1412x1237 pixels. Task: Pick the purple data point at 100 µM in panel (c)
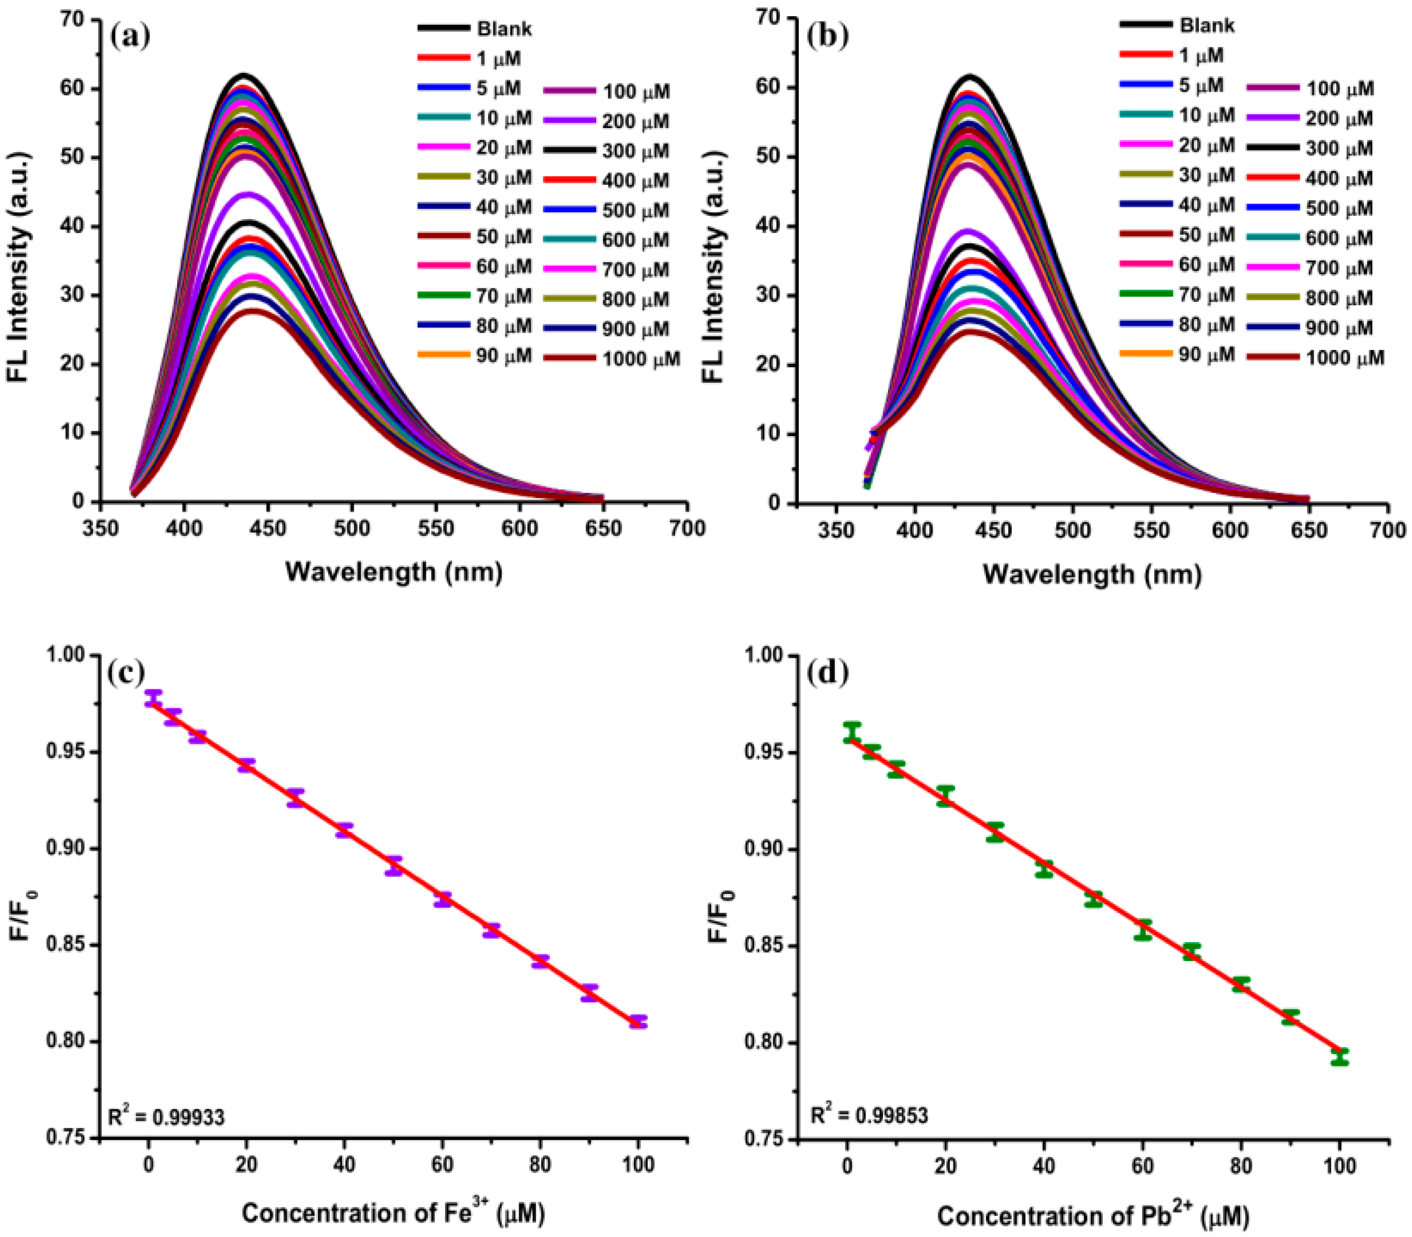pos(638,1022)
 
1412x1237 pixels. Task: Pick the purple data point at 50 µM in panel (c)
pos(394,866)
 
